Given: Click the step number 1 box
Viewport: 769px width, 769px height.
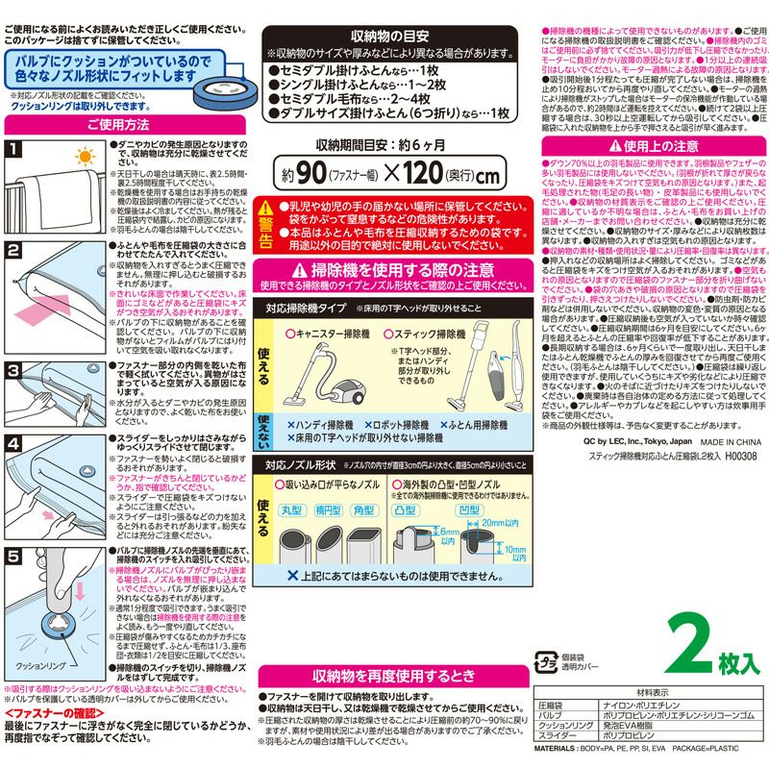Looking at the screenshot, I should pos(13,149).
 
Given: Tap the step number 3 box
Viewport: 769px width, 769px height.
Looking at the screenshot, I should pos(13,368).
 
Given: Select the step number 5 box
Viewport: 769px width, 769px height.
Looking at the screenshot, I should pos(13,557).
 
